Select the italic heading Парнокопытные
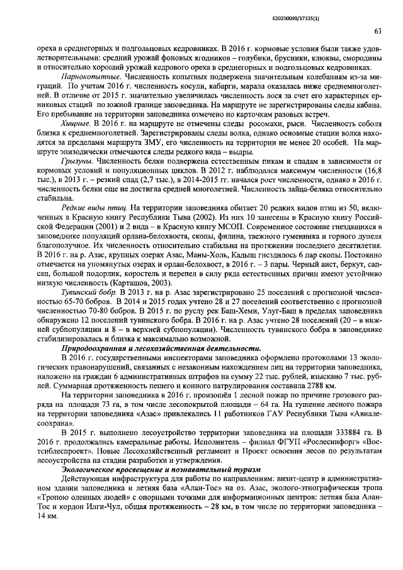87,75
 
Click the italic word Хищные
75,124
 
